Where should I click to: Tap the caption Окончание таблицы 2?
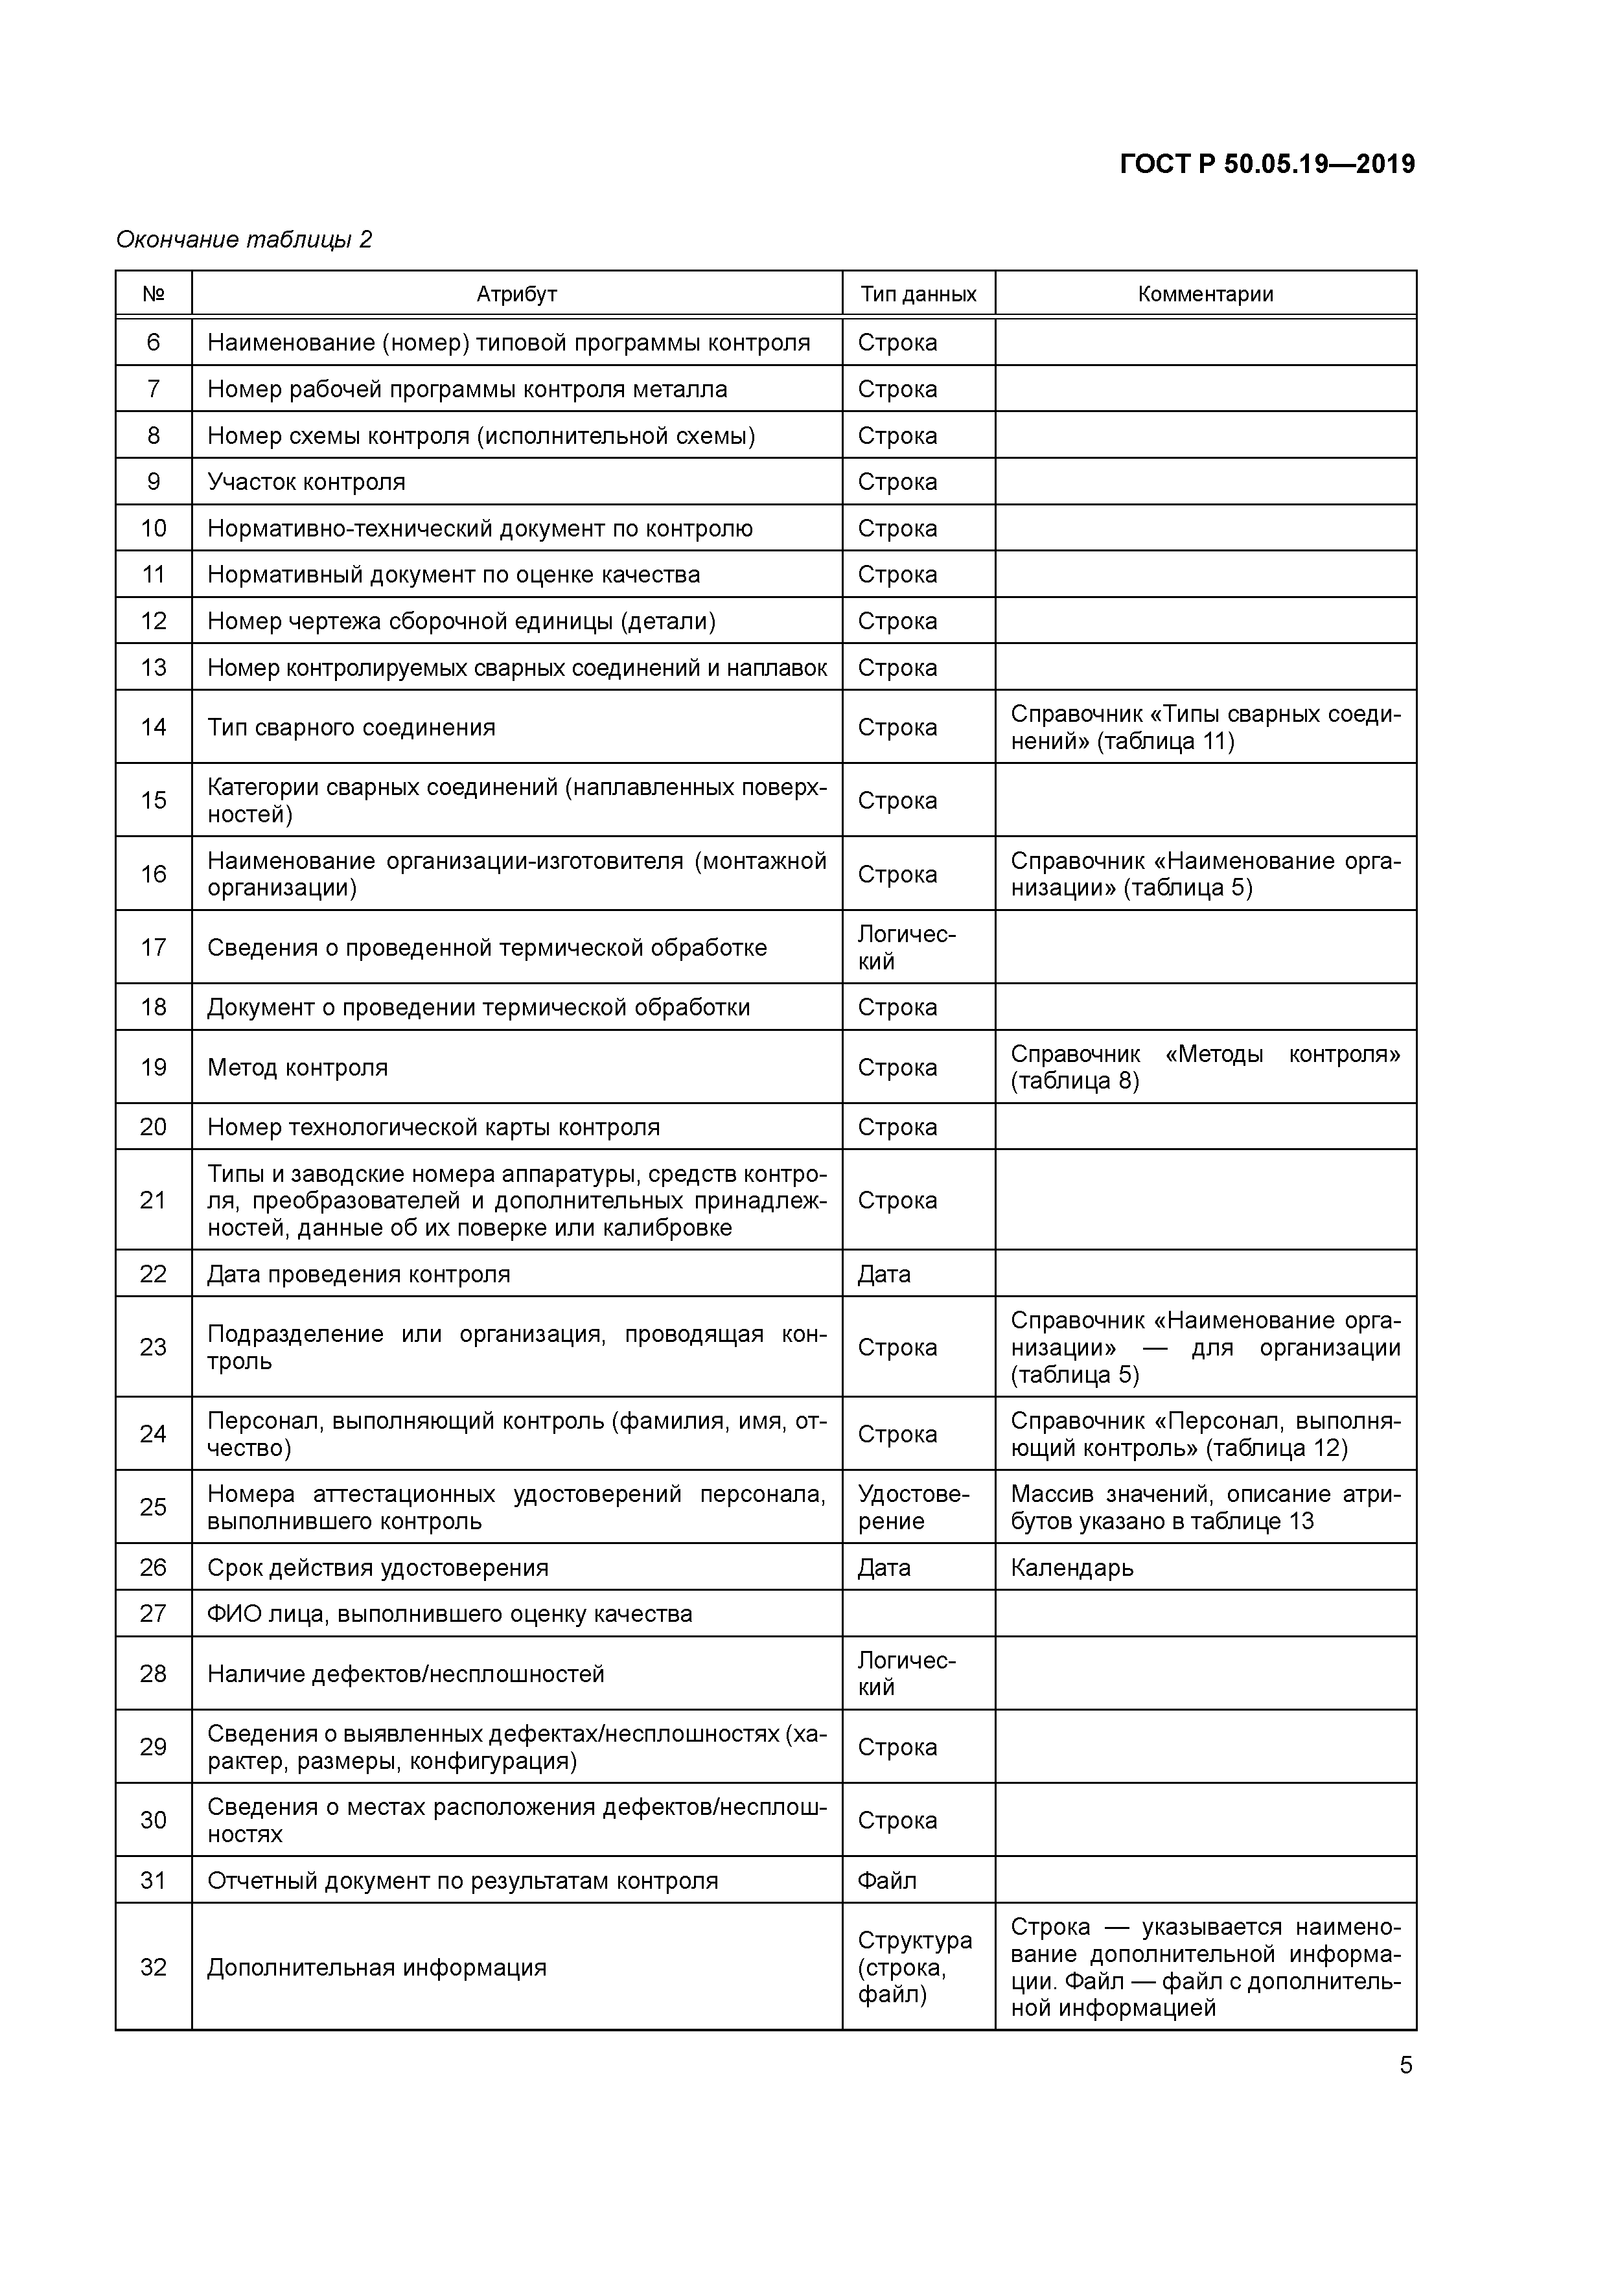[244, 240]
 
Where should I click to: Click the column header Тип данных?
[918, 294]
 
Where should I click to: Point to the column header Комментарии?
[1205, 294]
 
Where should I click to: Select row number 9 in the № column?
[154, 482]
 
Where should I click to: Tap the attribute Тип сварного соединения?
[351, 728]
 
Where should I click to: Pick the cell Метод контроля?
[297, 1067]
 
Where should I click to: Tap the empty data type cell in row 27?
[918, 1613]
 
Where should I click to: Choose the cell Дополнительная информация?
[376, 1967]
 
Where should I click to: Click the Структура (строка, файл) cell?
[914, 1967]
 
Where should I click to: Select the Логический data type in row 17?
[906, 947]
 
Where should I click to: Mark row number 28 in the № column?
[154, 1674]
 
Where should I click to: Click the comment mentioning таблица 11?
[1205, 728]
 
